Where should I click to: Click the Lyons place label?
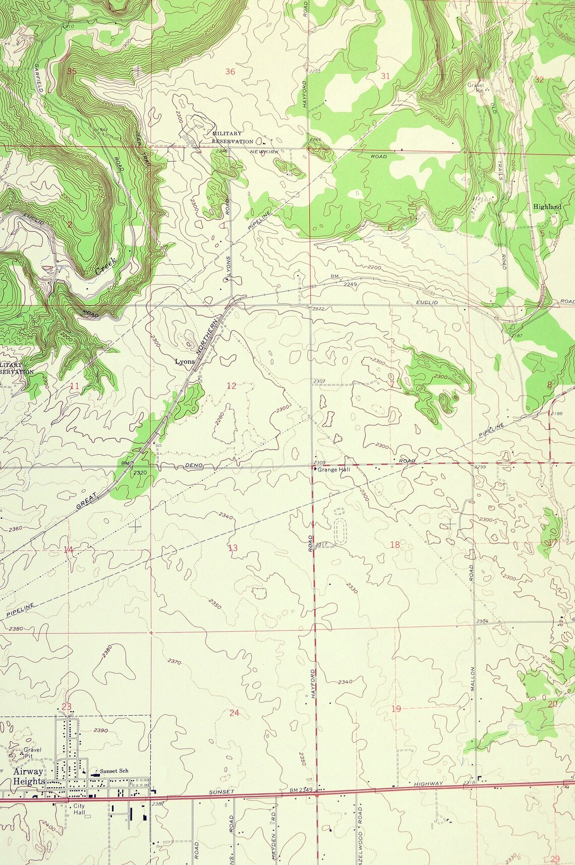pos(185,361)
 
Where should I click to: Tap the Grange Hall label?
pos(333,469)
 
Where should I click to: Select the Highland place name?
pos(547,207)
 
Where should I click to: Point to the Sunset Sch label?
pos(114,771)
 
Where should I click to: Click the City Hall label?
pos(79,809)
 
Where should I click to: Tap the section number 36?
pos(230,72)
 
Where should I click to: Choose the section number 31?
pos(385,76)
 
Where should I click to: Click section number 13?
pos(233,548)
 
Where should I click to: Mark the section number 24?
pos(234,713)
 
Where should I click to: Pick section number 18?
pos(395,545)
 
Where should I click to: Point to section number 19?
pos(396,709)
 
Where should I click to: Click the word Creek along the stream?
pos(105,267)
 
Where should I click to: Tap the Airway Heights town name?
pos(28,776)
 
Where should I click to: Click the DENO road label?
pos(194,465)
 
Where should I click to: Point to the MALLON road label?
pos(473,679)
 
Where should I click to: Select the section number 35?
pos(72,71)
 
